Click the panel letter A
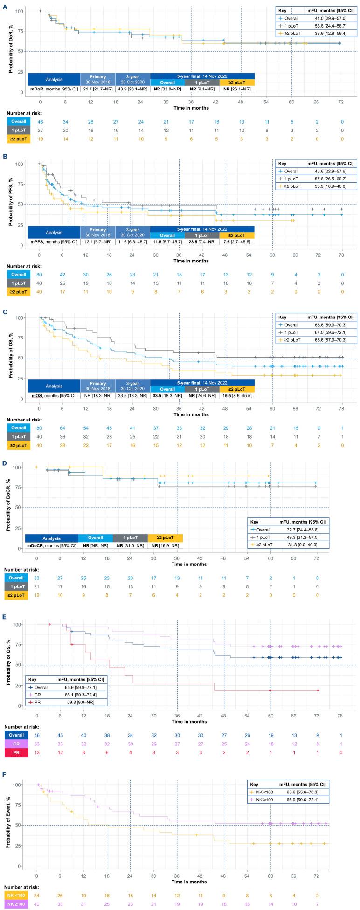click(x=4, y=4)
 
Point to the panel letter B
click(x=4, y=157)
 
